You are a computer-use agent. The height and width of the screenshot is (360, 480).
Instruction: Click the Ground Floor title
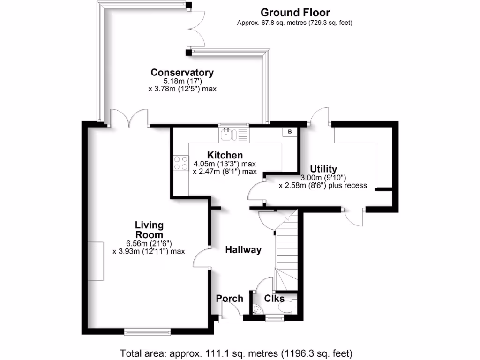(295, 13)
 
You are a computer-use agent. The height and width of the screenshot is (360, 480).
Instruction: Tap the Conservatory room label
(182, 73)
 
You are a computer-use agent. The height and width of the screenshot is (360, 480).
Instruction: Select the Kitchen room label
(225, 155)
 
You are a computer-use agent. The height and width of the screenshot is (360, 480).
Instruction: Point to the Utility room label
(323, 169)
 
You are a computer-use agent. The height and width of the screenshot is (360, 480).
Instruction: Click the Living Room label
(149, 230)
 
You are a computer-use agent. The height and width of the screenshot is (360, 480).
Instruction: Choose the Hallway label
(243, 250)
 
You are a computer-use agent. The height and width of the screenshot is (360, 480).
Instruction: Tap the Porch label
(230, 299)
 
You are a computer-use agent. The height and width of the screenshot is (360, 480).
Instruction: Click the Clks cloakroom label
(274, 299)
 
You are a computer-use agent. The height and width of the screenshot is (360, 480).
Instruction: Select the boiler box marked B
(290, 132)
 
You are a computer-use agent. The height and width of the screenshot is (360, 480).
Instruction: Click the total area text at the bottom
(236, 352)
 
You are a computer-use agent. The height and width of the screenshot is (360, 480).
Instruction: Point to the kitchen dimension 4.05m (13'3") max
(225, 164)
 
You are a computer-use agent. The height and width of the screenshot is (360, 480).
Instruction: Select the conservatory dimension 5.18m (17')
(182, 81)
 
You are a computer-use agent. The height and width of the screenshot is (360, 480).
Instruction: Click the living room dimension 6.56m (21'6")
(149, 243)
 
